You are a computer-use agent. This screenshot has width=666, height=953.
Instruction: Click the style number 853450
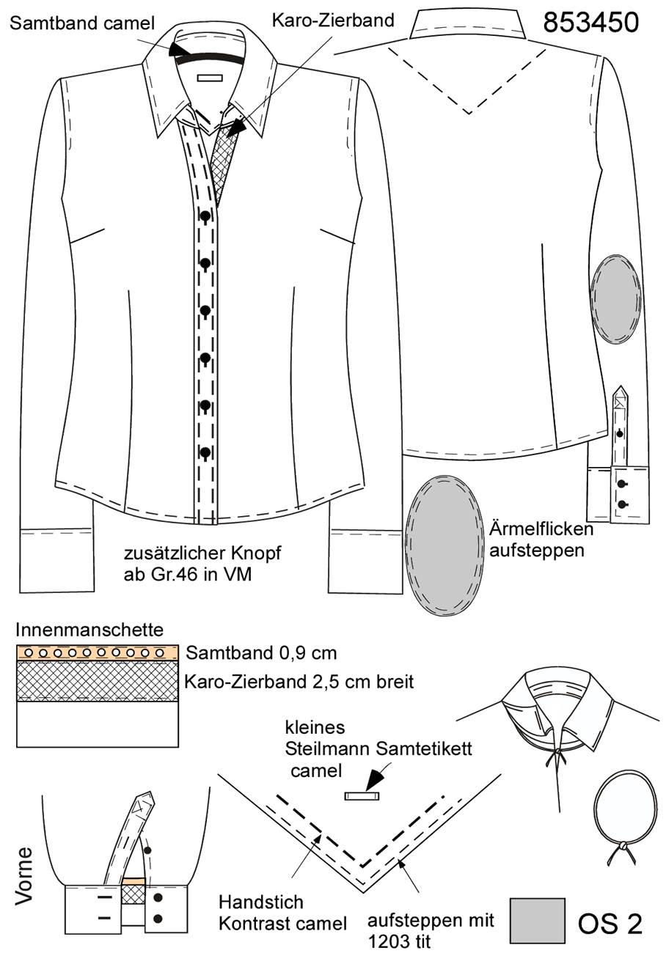pyautogui.click(x=590, y=22)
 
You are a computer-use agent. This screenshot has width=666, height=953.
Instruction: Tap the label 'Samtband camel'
pyautogui.click(x=82, y=23)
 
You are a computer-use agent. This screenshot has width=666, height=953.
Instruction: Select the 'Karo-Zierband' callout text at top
pyautogui.click(x=333, y=21)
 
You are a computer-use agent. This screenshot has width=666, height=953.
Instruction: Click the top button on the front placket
pyautogui.click(x=205, y=216)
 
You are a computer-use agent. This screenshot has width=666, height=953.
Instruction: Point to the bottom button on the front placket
pyautogui.click(x=205, y=452)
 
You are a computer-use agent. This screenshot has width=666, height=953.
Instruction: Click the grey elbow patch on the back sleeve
pyautogui.click(x=616, y=299)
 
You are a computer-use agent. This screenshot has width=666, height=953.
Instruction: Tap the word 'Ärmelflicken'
pyautogui.click(x=541, y=529)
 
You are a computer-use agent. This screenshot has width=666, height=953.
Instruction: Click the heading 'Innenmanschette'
pyautogui.click(x=89, y=630)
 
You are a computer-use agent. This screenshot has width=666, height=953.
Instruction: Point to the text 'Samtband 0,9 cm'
pyautogui.click(x=261, y=653)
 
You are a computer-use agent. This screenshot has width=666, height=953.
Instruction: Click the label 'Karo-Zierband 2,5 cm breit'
pyautogui.click(x=299, y=682)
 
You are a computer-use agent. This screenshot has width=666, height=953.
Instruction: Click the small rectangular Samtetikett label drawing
pyautogui.click(x=362, y=795)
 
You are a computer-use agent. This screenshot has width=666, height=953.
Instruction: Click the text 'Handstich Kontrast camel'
pyautogui.click(x=283, y=913)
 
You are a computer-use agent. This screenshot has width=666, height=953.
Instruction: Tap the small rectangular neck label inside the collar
pyautogui.click(x=210, y=78)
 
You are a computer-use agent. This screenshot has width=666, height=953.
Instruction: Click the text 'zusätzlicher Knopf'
pyautogui.click(x=202, y=553)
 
